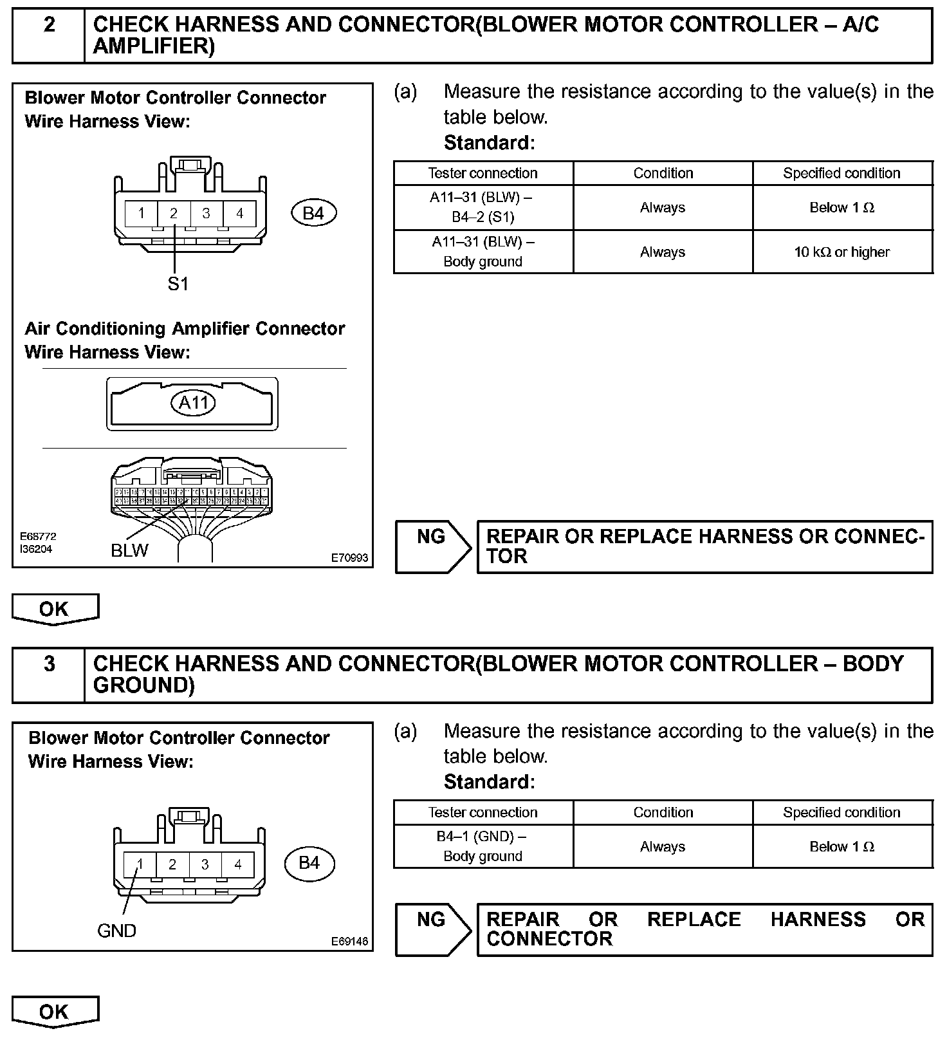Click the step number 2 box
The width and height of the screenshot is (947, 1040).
49,35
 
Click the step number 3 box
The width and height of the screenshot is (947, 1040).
49,674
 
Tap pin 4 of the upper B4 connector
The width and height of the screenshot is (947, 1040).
239,213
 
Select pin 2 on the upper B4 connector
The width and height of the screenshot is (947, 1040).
174,213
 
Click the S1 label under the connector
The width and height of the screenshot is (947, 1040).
178,284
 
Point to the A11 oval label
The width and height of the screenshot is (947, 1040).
194,404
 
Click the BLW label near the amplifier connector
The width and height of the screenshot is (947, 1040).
129,551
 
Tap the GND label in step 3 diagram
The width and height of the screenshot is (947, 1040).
116,931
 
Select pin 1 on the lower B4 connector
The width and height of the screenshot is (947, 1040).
140,864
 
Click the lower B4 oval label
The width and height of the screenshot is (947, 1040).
309,863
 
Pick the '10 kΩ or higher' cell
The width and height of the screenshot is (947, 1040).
842,252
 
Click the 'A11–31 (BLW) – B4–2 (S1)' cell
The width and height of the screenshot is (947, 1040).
483,207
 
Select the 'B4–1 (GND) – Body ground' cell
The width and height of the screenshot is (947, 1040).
483,846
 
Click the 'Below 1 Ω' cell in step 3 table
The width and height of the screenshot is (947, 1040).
842,847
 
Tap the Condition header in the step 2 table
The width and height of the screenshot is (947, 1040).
663,173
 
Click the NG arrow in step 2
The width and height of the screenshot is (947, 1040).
432,546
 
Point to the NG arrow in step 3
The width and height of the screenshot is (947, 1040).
432,929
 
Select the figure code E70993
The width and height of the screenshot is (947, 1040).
349,558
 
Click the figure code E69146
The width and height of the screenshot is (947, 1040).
349,941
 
